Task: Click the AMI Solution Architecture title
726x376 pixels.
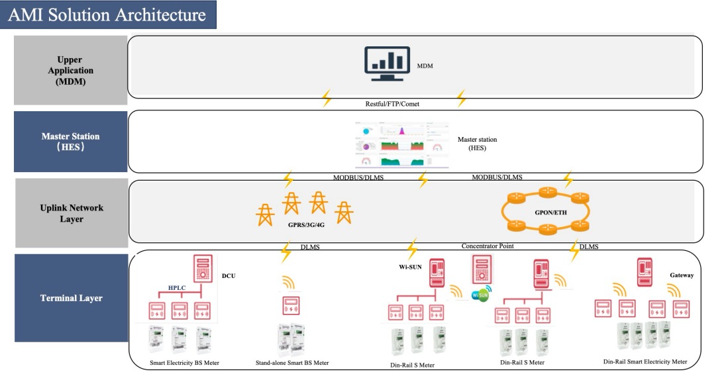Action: point(107,15)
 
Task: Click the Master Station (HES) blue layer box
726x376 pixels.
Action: point(70,142)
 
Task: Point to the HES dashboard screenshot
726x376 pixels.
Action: point(401,144)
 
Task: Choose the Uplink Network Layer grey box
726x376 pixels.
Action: point(70,213)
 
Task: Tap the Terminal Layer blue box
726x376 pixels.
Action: point(70,298)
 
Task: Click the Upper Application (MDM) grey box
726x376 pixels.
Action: point(70,70)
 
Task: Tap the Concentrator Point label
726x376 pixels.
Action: point(488,246)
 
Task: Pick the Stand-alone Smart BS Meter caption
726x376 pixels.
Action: point(292,363)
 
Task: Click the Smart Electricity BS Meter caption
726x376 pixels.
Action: point(183,363)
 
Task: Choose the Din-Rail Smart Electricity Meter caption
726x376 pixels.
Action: point(645,362)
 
